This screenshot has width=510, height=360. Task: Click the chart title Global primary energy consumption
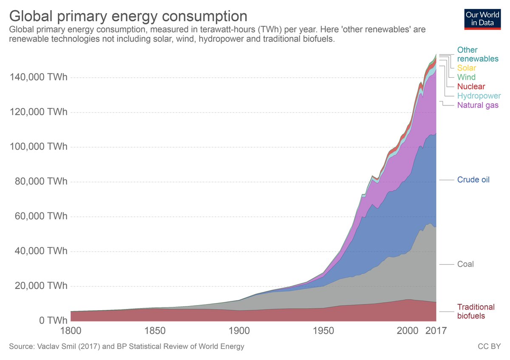[x=128, y=16]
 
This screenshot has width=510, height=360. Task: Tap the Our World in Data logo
[x=482, y=18]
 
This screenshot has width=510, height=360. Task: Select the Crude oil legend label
[x=473, y=180]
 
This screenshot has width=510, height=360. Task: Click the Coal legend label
[x=465, y=264]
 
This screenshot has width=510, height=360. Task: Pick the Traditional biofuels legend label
[x=476, y=312]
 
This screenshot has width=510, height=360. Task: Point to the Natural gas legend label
[x=478, y=105]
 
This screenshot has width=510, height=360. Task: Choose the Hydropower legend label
[x=479, y=96]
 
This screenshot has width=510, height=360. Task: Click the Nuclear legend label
[x=471, y=87]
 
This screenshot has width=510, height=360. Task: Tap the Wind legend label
[x=466, y=77]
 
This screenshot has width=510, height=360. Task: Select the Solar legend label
[x=467, y=68]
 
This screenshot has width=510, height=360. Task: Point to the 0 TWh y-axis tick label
[x=51, y=320]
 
